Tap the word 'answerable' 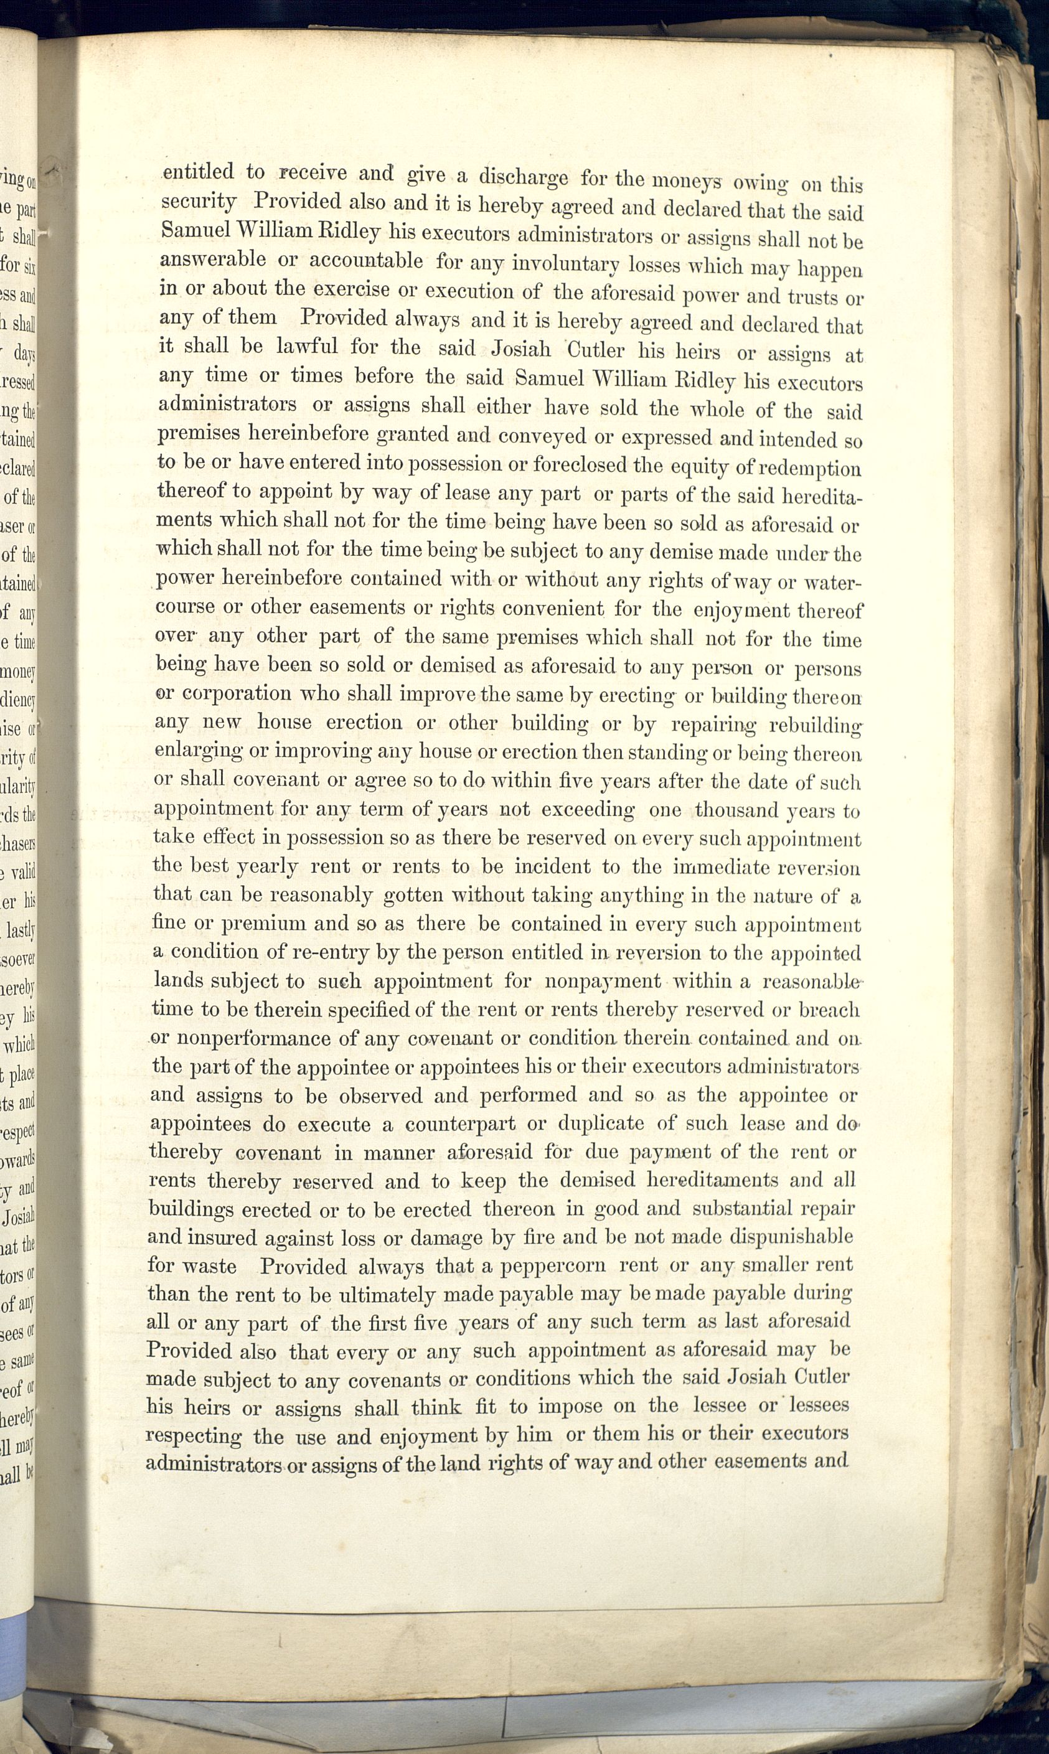coord(214,260)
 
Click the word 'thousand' coord(736,810)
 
